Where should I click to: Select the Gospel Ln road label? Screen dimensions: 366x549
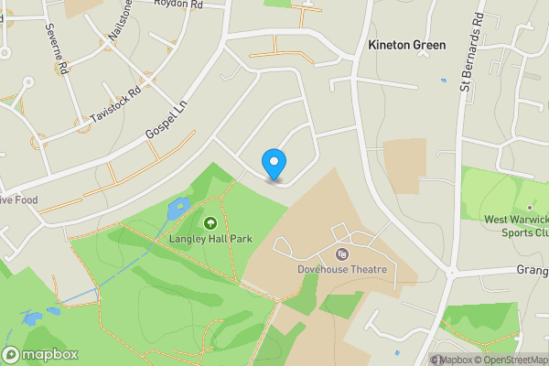(x=167, y=122)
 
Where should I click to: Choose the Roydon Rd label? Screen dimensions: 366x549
(x=177, y=5)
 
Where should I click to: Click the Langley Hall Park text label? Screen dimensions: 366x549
(x=210, y=240)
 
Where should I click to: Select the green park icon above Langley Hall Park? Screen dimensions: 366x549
(x=210, y=222)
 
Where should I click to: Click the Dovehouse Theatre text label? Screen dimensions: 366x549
(x=342, y=270)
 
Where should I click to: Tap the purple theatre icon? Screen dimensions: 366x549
(x=342, y=254)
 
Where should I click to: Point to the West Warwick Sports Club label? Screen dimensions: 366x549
(x=515, y=226)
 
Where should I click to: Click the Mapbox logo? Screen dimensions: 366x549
(x=40, y=354)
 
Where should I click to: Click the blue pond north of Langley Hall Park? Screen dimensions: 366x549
(x=176, y=210)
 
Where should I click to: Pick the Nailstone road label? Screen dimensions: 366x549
(x=120, y=20)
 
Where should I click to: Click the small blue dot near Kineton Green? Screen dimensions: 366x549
(x=442, y=79)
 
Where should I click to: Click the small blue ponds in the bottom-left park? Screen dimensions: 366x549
(x=31, y=318)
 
